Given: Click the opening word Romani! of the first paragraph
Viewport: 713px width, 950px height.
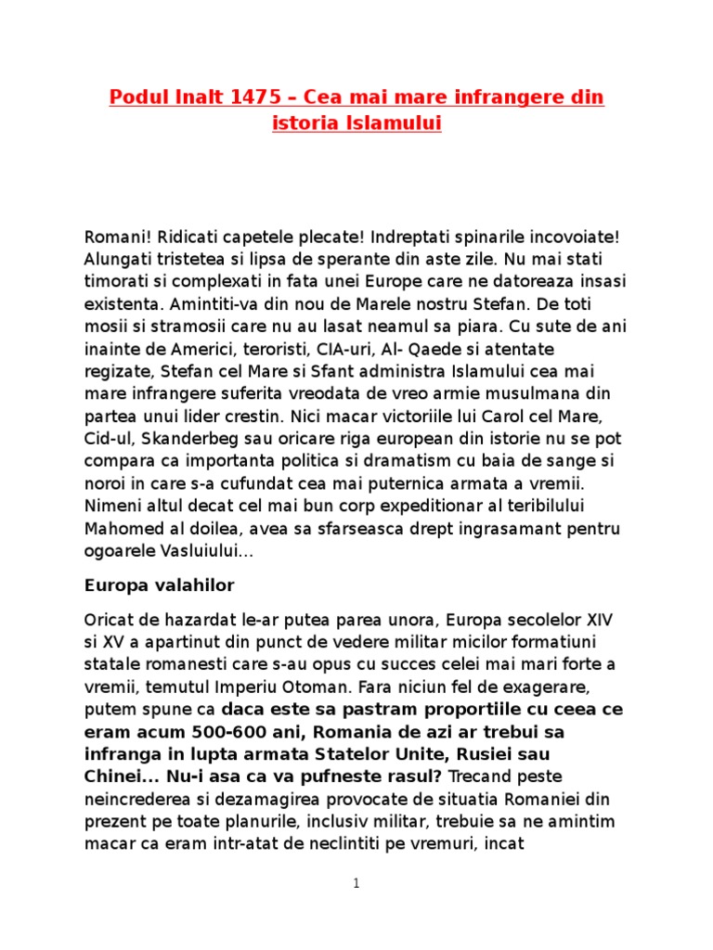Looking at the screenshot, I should coord(115,237).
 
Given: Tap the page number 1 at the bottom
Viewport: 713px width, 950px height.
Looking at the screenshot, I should coord(356,884).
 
